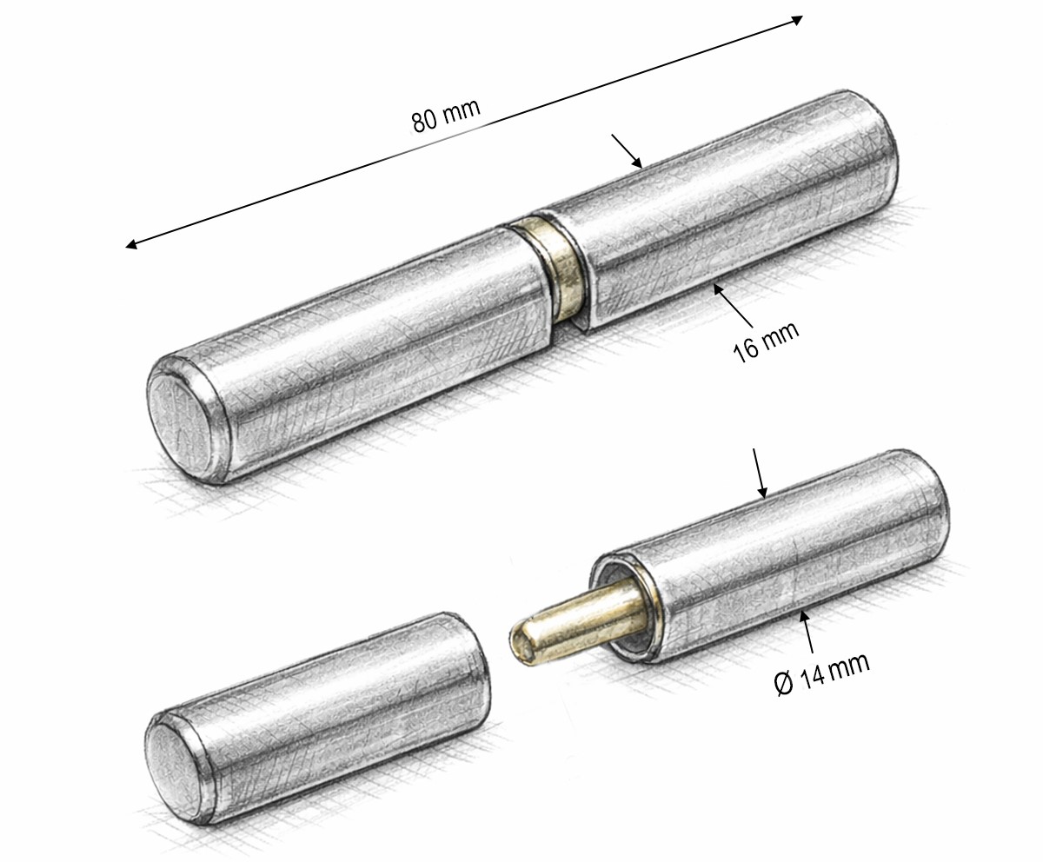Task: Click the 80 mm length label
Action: click(446, 116)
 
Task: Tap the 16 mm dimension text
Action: click(766, 342)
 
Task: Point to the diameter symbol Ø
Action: click(785, 683)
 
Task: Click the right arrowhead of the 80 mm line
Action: click(798, 20)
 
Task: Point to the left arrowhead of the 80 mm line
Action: click(131, 244)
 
